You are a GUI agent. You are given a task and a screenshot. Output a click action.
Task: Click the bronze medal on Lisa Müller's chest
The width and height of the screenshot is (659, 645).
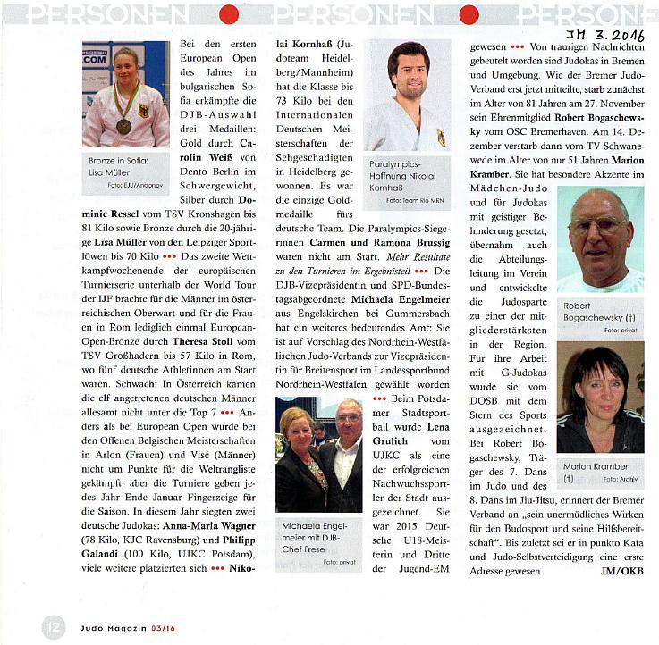click(123, 125)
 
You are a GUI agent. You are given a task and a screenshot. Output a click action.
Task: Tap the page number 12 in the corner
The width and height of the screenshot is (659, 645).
click(53, 624)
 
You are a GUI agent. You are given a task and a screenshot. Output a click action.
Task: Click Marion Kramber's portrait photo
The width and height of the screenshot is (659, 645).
click(599, 398)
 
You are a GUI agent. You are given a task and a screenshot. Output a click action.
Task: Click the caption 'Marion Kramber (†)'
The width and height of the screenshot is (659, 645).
click(596, 472)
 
